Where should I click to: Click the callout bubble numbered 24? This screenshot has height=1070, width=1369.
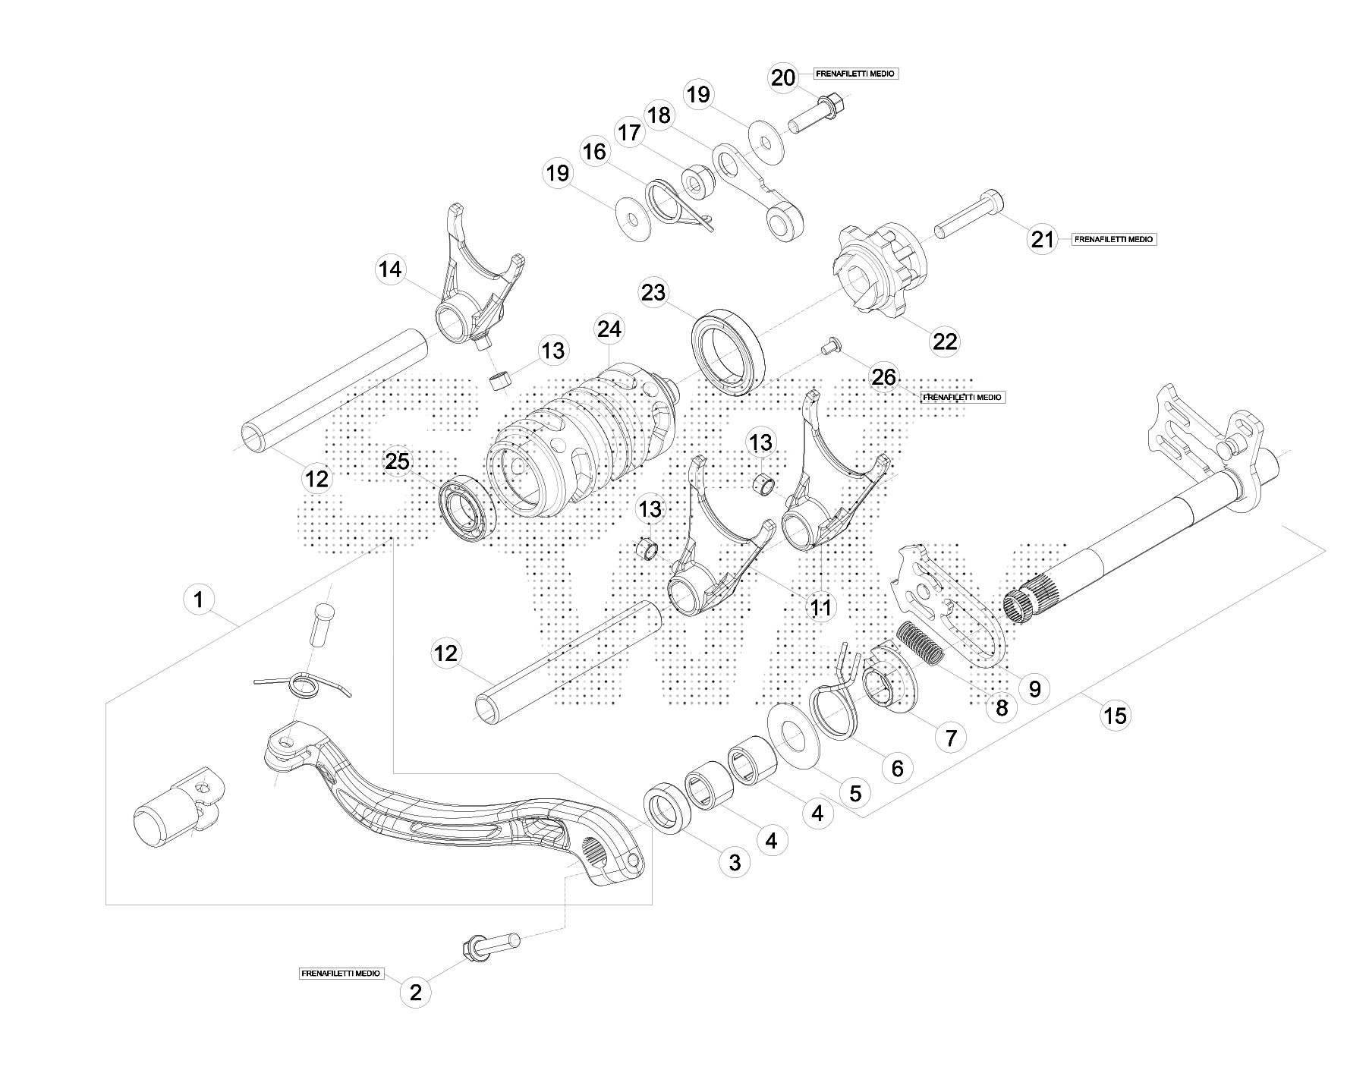(609, 329)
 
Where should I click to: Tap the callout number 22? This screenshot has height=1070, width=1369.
(945, 341)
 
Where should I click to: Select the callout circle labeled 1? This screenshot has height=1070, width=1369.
(199, 601)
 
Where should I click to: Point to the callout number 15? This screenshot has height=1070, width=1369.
(1116, 715)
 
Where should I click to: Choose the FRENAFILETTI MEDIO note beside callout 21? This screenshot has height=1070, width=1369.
(1115, 239)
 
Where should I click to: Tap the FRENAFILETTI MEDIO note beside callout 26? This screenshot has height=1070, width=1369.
(963, 397)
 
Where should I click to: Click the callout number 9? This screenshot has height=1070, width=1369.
(1034, 688)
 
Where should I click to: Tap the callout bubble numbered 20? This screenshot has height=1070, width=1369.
(783, 77)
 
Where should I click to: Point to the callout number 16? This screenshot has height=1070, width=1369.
(594, 152)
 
